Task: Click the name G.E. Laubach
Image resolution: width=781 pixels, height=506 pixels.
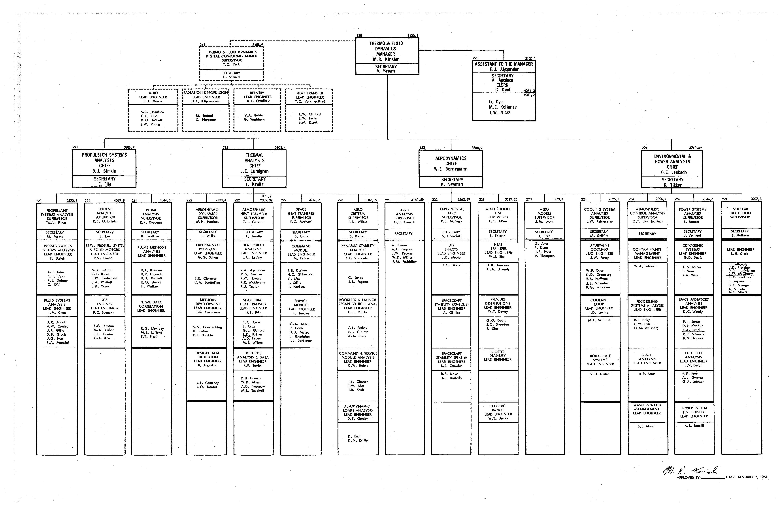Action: point(672,172)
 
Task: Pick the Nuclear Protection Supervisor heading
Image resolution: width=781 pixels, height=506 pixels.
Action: point(740,213)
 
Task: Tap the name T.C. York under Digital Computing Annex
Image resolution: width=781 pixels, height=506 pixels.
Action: point(232,64)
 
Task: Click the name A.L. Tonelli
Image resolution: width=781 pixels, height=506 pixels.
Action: point(694,425)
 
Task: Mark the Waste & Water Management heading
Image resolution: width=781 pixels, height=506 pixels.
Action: point(647,409)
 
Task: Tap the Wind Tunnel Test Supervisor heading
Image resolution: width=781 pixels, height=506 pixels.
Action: point(498,213)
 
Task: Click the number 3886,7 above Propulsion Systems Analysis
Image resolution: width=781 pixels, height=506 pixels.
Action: point(129,148)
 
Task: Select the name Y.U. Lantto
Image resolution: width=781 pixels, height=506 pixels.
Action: point(600,374)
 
